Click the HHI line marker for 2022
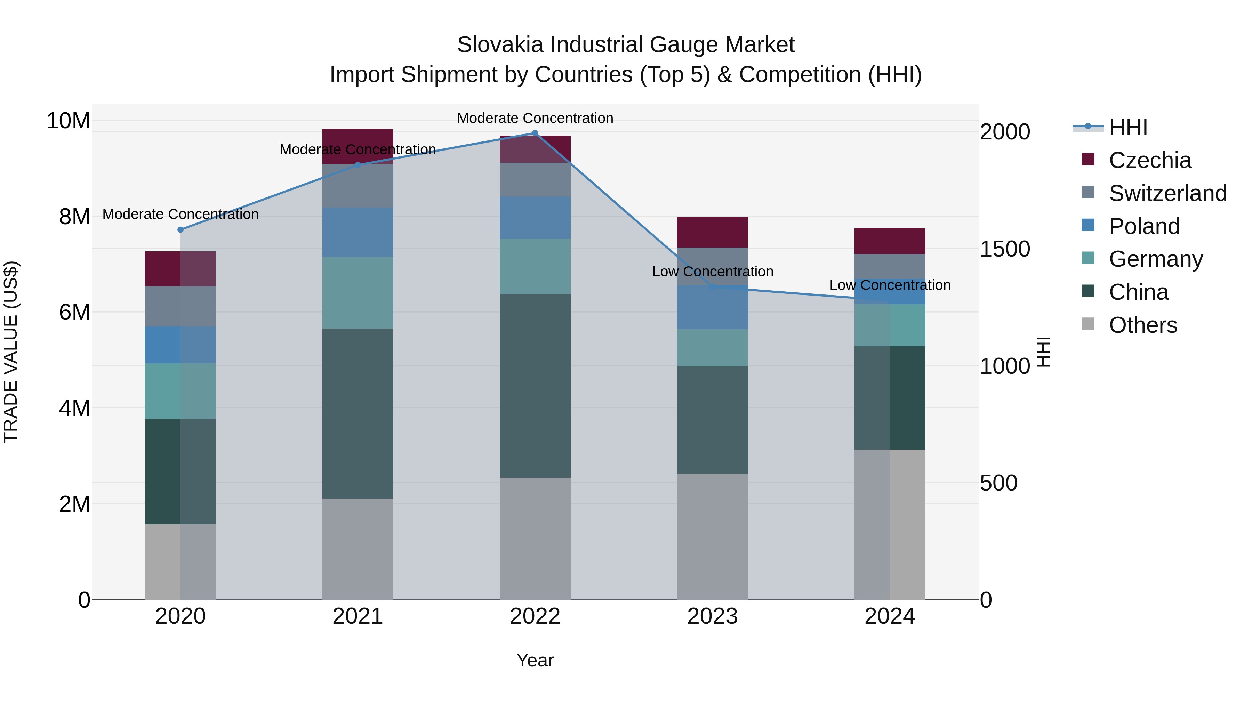(535, 133)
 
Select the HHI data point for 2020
(180, 230)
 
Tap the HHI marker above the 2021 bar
(358, 165)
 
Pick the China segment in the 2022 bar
(535, 386)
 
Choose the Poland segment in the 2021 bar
(358, 232)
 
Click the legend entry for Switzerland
(1167, 193)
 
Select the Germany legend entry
(1155, 259)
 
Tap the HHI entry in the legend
(1127, 127)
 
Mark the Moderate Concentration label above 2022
(535, 118)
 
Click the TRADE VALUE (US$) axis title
(11, 352)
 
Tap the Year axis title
(535, 660)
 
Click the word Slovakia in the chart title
(500, 45)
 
